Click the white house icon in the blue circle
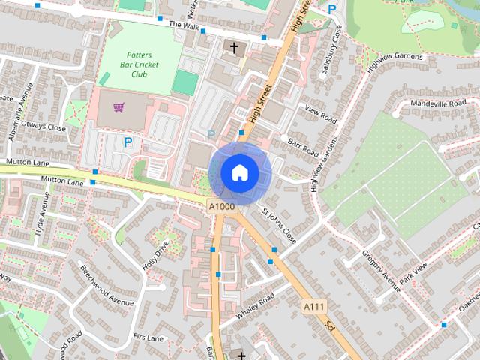click(x=239, y=172)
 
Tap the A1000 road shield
click(x=222, y=206)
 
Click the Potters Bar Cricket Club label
click(x=139, y=64)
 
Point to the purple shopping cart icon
click(x=118, y=107)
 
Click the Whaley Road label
click(x=256, y=304)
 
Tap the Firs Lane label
click(x=148, y=338)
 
